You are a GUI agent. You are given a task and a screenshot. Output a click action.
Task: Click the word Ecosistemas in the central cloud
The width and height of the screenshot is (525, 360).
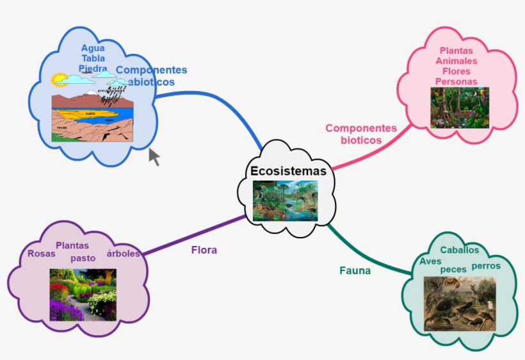(x=288, y=171)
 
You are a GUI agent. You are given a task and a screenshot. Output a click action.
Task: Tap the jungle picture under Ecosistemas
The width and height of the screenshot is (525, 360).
(x=285, y=200)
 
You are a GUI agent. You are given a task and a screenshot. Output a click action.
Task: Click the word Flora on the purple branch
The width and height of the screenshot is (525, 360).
(x=204, y=250)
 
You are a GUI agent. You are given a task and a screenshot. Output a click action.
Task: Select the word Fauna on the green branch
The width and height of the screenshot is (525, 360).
(x=355, y=270)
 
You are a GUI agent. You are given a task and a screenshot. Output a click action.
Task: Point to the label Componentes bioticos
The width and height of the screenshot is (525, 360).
(x=361, y=134)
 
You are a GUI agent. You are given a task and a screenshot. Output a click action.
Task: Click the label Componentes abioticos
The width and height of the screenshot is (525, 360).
(x=151, y=76)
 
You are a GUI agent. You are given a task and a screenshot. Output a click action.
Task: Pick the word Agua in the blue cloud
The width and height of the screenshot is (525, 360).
(x=93, y=48)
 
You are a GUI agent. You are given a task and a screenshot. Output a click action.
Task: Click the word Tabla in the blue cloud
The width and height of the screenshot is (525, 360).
(x=93, y=58)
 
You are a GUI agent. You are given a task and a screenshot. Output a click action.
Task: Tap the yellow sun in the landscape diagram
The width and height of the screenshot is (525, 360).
(x=60, y=79)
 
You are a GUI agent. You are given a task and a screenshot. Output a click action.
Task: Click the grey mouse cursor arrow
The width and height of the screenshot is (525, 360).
(x=154, y=156)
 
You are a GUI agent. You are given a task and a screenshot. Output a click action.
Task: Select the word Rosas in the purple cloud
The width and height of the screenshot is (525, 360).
(x=42, y=253)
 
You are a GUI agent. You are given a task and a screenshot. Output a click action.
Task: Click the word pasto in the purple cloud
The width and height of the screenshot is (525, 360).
(x=83, y=258)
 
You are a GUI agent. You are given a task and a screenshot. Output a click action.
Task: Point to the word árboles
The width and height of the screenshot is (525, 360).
(x=123, y=253)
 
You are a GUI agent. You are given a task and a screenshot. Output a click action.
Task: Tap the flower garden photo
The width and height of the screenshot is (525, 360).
(x=83, y=294)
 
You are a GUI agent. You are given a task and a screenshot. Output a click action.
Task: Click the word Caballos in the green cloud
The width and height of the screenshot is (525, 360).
(x=460, y=250)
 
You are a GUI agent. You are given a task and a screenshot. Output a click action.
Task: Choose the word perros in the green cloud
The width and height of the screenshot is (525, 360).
(x=486, y=265)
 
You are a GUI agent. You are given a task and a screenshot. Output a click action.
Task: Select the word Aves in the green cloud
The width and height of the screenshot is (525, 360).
(x=431, y=261)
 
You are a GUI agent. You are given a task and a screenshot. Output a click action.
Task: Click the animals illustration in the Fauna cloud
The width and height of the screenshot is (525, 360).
(x=460, y=303)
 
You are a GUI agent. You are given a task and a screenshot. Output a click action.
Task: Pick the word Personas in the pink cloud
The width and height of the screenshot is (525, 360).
(x=456, y=81)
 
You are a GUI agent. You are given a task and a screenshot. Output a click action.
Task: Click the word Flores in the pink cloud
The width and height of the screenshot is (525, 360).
(x=456, y=71)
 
